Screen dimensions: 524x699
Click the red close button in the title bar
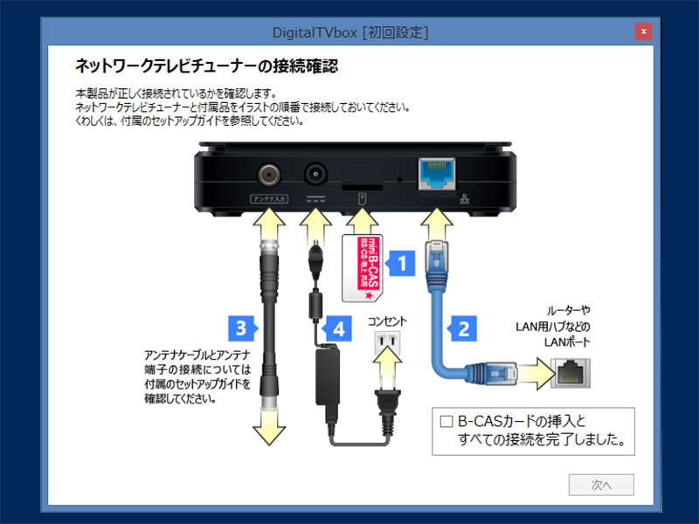coord(643,31)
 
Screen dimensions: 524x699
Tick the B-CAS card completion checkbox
coord(446,421)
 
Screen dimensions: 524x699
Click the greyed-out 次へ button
coord(600,485)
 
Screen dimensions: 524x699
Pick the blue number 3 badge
coord(240,328)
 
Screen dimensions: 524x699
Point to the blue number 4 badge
coord(336,328)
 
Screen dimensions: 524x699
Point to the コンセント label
coord(387,321)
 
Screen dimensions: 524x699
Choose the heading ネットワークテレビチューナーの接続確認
coord(206,65)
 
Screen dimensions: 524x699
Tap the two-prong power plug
coord(387,402)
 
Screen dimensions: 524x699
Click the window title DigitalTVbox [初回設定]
coord(349,32)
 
